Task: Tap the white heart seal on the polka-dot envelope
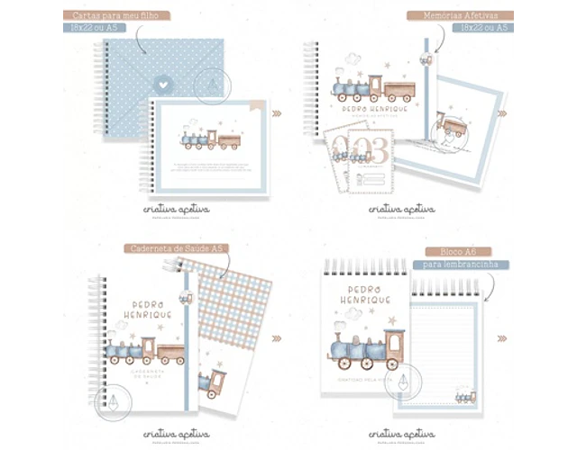point(163,80)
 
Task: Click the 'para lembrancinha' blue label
point(460,265)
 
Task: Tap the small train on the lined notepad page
point(465,397)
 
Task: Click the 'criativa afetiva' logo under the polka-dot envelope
point(176,209)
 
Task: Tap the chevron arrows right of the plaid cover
point(277,338)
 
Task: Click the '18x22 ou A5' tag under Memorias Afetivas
point(486,28)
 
